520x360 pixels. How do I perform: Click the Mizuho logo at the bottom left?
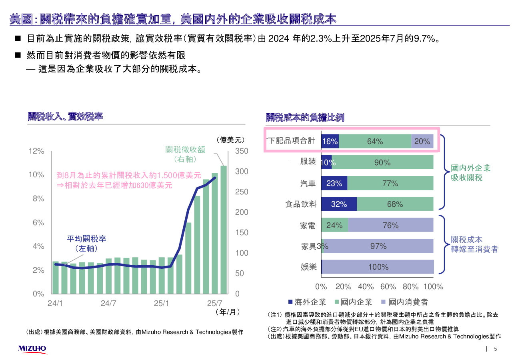pyautogui.click(x=32, y=349)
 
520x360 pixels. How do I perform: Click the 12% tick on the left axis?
pyautogui.click(x=36, y=151)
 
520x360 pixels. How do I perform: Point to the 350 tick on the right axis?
pyautogui.click(x=242, y=151)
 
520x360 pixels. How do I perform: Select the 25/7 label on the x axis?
pyautogui.click(x=214, y=303)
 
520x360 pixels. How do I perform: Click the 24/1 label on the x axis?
pyautogui.click(x=55, y=303)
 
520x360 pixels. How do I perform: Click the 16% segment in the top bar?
pyautogui.click(x=330, y=141)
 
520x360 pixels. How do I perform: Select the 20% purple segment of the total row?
pyautogui.click(x=422, y=141)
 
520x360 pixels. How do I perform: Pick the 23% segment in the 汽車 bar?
pyautogui.click(x=334, y=183)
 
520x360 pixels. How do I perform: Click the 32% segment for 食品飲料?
pyautogui.click(x=339, y=204)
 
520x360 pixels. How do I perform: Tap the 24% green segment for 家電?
pyautogui.click(x=334, y=225)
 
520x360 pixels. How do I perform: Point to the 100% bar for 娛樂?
pyautogui.click(x=378, y=267)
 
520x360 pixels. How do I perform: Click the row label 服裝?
pyautogui.click(x=308, y=162)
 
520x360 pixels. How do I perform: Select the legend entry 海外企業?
pyautogui.click(x=307, y=302)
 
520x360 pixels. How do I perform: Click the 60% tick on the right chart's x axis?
pyautogui.click(x=388, y=287)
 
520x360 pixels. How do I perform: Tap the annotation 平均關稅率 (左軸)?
pyautogui.click(x=86, y=243)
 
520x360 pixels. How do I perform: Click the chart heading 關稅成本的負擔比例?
pyautogui.click(x=305, y=118)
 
